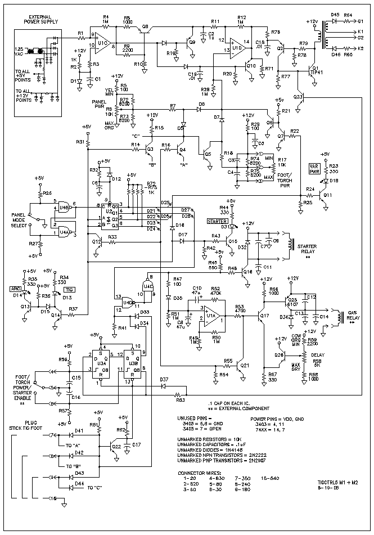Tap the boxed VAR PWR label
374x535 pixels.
pyautogui.click(x=313, y=167)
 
